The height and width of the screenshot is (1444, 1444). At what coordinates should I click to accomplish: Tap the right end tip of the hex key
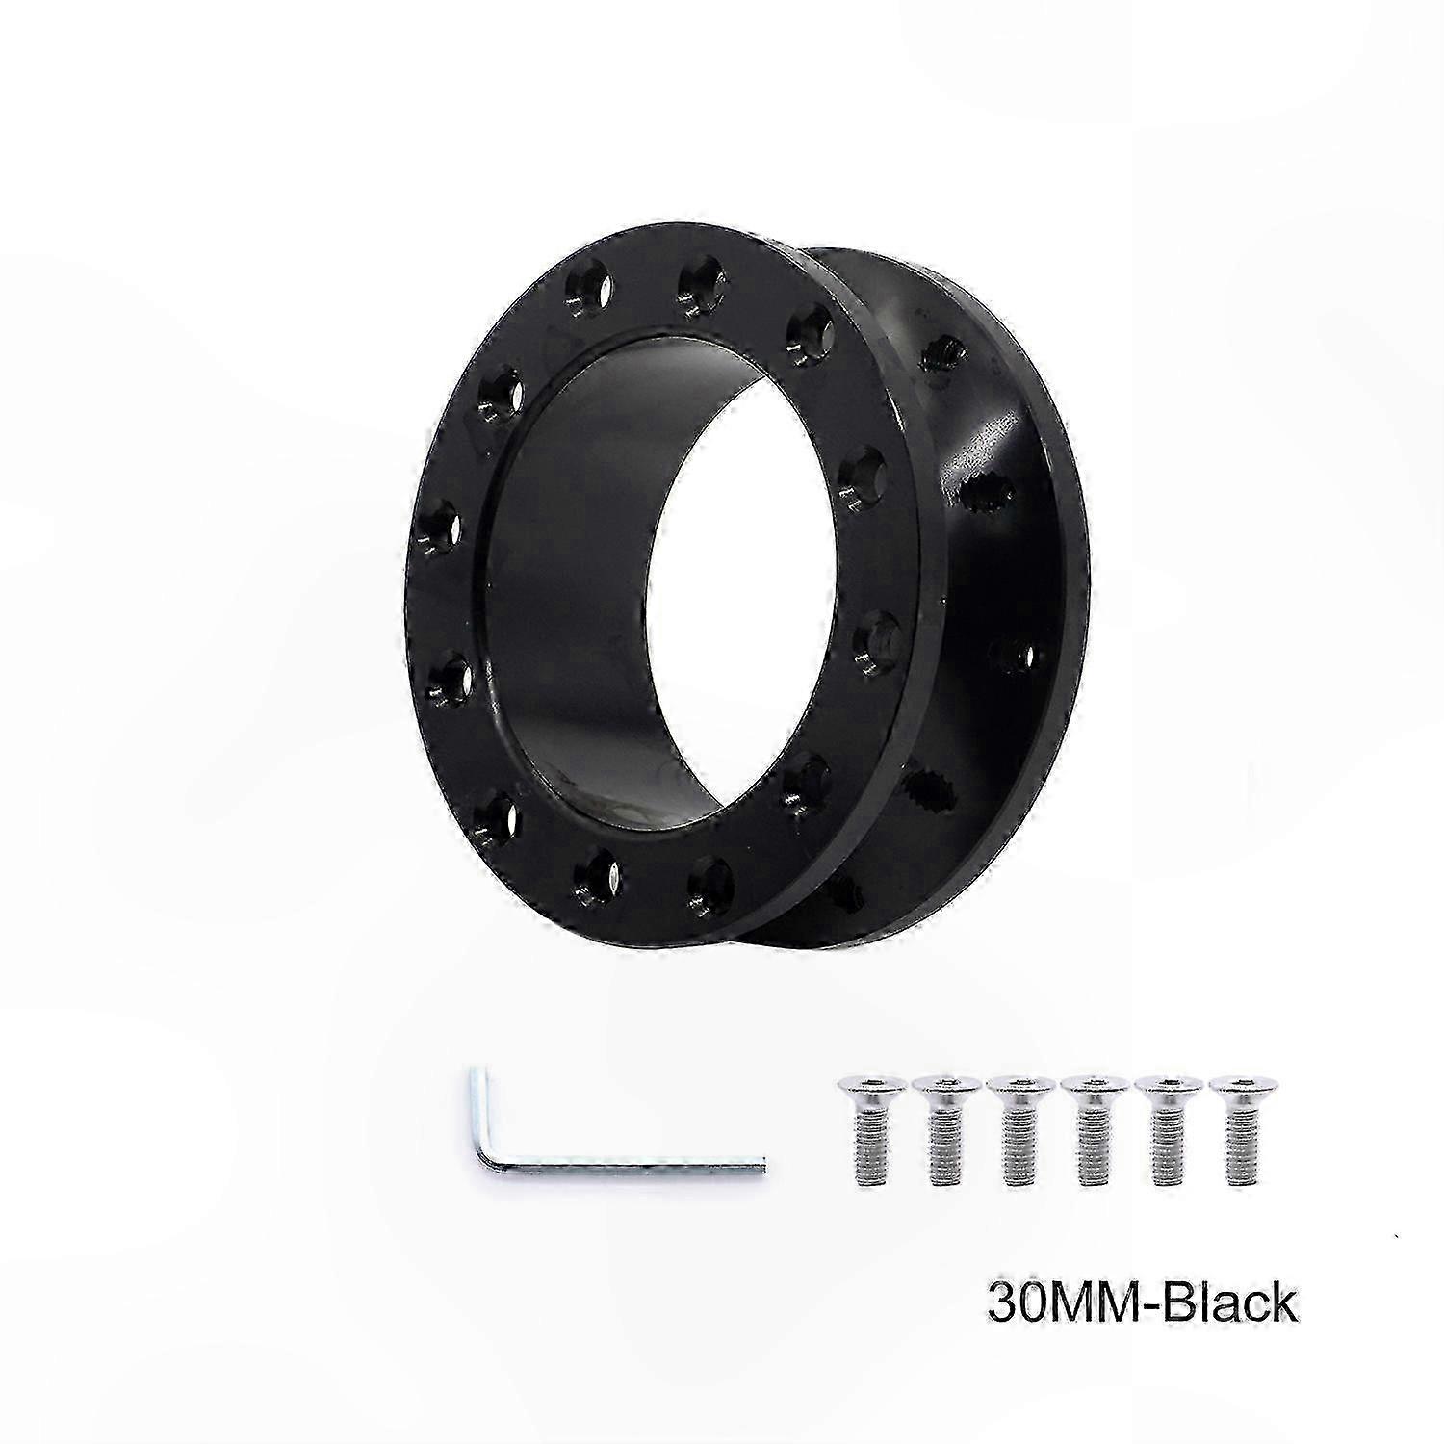click(764, 1167)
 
